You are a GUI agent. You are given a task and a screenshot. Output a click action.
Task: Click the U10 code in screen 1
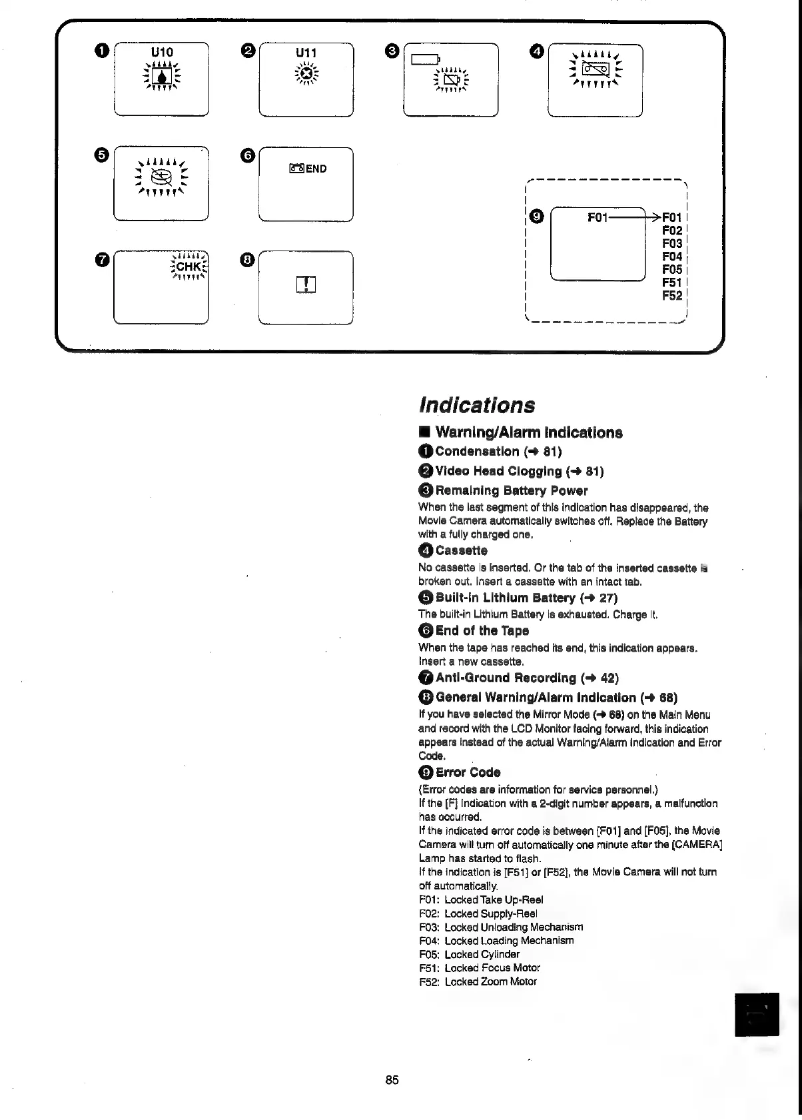(162, 52)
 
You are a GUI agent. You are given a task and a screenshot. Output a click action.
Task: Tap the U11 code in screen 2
(306, 53)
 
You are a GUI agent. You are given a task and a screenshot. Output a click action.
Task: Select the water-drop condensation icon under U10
(162, 75)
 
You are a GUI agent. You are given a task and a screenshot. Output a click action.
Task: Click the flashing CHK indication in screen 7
(190, 267)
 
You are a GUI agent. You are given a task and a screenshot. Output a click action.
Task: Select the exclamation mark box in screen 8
(305, 284)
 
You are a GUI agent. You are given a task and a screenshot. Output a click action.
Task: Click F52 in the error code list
(672, 296)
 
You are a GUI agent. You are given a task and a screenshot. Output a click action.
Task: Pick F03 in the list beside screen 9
(672, 243)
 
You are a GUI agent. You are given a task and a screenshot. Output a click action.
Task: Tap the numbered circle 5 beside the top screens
(101, 155)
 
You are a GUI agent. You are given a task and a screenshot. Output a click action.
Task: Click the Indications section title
(477, 405)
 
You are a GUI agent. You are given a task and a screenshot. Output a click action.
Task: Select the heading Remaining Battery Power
(511, 491)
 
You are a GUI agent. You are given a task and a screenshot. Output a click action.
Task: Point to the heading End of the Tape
(482, 631)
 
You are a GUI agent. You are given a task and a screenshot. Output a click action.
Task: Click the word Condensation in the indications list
(476, 452)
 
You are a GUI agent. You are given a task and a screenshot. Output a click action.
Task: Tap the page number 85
(392, 1080)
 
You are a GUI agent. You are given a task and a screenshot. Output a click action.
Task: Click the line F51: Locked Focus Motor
(480, 968)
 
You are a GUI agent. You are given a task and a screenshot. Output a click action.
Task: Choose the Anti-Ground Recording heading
(506, 678)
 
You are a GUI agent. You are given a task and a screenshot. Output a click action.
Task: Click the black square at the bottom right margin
(757, 1015)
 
